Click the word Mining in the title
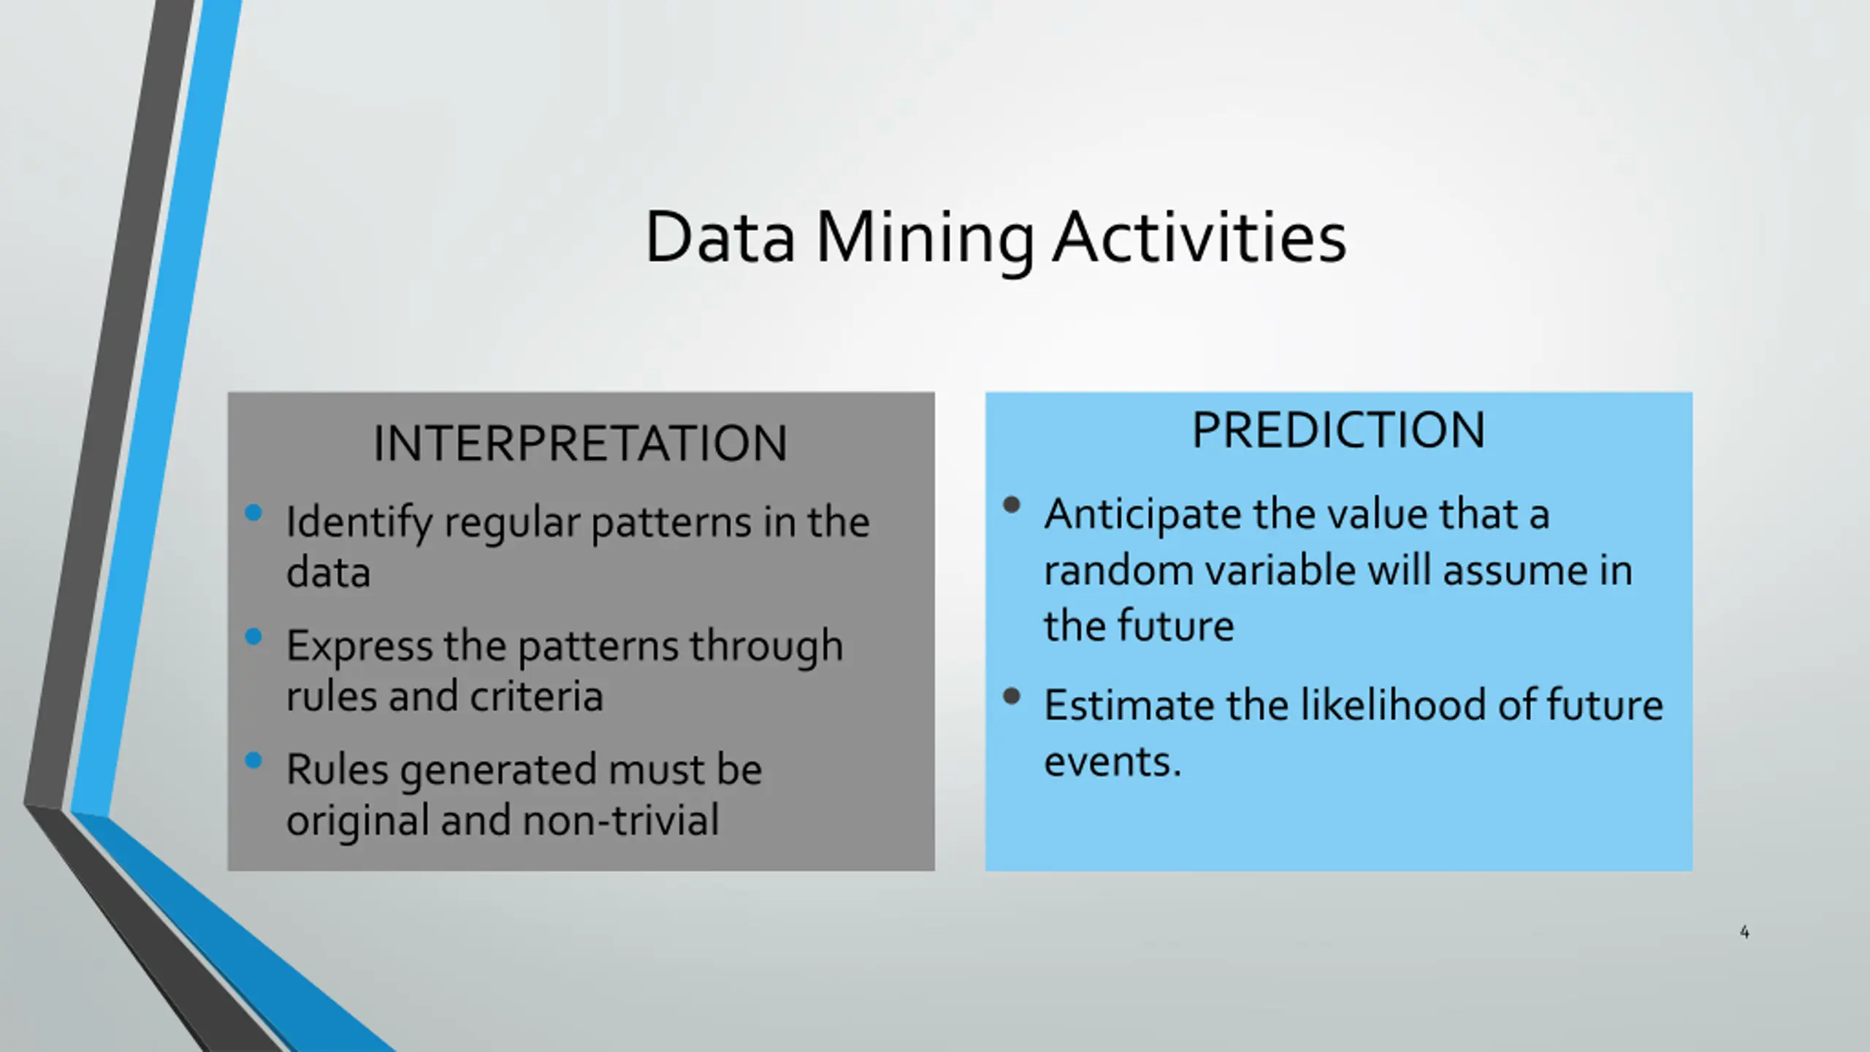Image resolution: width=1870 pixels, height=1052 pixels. [925, 240]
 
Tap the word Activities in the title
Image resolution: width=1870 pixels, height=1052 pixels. [1199, 237]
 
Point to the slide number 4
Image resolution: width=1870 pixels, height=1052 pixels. [1744, 932]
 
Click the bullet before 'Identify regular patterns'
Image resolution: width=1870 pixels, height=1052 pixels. [253, 513]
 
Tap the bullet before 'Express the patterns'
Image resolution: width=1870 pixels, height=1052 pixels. [253, 637]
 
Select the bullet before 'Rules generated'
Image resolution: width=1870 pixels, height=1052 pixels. [253, 761]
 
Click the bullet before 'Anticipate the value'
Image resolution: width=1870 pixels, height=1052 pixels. [1012, 505]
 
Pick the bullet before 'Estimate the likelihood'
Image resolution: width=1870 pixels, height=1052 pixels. [1012, 696]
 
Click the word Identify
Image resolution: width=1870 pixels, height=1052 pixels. [359, 524]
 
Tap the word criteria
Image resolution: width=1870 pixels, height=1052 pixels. [537, 695]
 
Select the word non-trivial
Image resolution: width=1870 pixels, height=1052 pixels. [621, 820]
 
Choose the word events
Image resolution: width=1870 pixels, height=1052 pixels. [1112, 762]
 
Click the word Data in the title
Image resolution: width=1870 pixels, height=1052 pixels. [720, 237]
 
